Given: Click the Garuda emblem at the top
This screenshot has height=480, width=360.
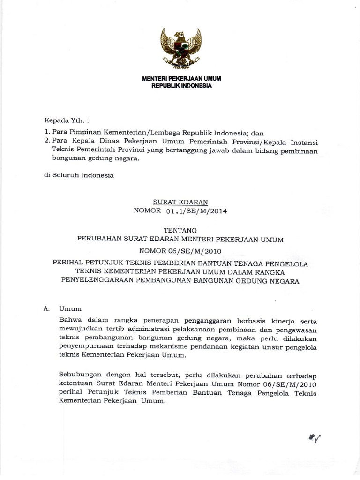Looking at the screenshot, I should pyautogui.click(x=180, y=49).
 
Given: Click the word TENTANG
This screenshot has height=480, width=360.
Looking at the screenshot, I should pyautogui.click(x=181, y=231).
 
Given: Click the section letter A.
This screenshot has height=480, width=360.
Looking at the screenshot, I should pyautogui.click(x=46, y=309).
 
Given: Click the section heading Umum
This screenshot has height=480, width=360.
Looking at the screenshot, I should pyautogui.click(x=70, y=309).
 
